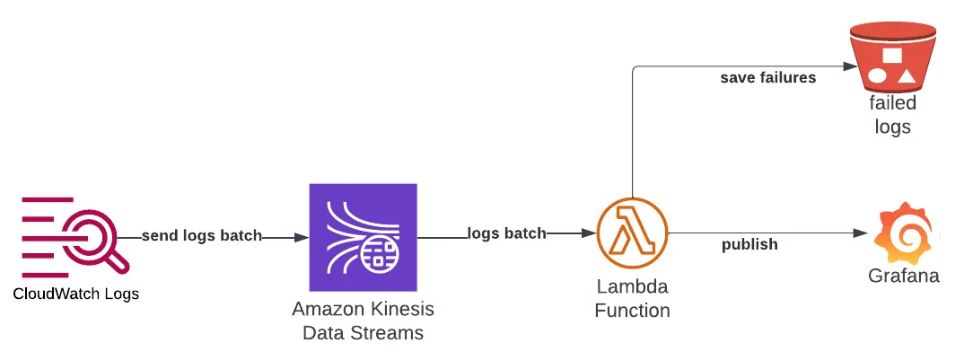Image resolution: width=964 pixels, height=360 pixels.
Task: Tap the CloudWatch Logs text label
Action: click(x=75, y=294)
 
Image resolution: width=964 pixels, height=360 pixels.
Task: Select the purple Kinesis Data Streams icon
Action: click(x=363, y=237)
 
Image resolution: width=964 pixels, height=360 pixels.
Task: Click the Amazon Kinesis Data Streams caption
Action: click(x=363, y=320)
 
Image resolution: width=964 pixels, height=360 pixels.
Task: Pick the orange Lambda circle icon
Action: click(x=633, y=233)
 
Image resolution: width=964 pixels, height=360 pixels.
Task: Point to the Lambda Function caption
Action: click(x=633, y=299)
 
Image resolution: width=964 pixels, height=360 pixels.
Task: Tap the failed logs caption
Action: click(x=891, y=115)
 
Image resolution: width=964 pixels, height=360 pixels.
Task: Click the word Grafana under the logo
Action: click(x=903, y=276)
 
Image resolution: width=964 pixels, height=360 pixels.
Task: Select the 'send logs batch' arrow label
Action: click(x=202, y=236)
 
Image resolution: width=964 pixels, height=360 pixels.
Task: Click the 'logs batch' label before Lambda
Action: click(x=506, y=233)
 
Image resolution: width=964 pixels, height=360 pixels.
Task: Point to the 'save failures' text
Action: click(x=767, y=78)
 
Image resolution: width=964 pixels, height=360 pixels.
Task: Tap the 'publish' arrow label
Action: click(x=749, y=244)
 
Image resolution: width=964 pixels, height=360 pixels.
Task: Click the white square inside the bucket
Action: click(x=891, y=56)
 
